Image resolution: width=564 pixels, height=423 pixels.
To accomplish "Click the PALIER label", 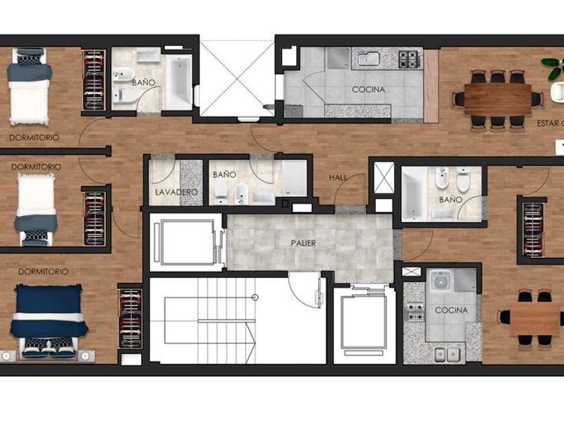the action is [303, 243].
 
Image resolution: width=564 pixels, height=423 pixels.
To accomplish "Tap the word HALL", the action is [338, 177].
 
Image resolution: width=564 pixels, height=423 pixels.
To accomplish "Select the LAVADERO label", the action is [176, 192].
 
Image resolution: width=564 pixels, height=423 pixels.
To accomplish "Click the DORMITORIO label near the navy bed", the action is [43, 271].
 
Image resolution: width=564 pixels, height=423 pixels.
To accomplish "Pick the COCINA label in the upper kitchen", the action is [369, 89].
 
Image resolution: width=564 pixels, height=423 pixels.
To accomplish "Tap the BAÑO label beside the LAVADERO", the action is [224, 175].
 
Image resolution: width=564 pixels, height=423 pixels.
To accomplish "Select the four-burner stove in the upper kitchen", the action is [410, 59].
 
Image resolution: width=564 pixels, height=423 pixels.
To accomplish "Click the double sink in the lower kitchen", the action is [447, 355].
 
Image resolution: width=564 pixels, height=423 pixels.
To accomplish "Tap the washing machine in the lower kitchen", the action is [440, 281].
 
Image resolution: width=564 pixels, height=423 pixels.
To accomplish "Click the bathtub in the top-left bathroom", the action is [179, 82].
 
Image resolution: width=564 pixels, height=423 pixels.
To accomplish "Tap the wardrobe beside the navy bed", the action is [130, 318].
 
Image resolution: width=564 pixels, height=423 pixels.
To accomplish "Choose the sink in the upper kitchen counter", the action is [369, 58].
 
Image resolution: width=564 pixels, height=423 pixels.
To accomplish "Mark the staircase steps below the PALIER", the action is [227, 320].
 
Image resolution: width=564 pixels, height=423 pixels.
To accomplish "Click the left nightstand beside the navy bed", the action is [7, 356].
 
